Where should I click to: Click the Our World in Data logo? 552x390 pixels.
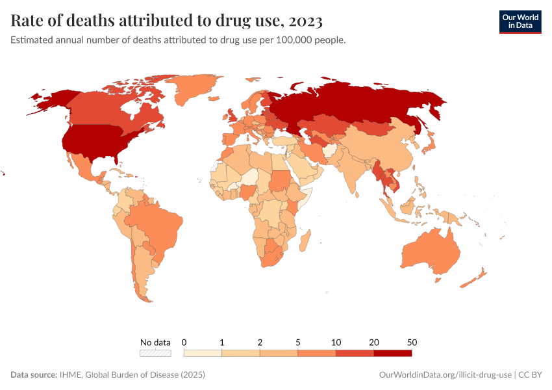click(520, 21)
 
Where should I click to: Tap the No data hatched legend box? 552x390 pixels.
click(156, 353)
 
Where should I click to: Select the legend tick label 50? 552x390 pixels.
click(412, 342)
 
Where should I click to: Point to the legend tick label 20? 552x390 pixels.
click(374, 342)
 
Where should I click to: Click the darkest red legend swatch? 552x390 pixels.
click(392, 353)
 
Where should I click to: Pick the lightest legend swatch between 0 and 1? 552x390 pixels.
click(203, 353)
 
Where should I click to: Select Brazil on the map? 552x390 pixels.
click(156, 224)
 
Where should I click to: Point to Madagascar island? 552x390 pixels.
click(303, 241)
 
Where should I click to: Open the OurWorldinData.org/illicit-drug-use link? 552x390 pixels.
click(445, 375)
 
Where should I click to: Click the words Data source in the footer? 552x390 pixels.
click(33, 375)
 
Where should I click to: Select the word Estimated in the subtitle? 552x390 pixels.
click(32, 40)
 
